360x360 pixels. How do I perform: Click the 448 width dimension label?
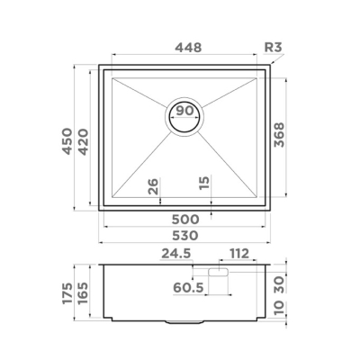pyautogui.click(x=188, y=48)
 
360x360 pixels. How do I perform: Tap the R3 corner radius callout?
pyautogui.click(x=273, y=47)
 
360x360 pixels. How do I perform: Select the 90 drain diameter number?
pyautogui.click(x=184, y=111)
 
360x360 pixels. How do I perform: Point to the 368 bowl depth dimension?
pyautogui.click(x=279, y=135)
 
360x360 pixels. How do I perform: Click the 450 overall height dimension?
pyautogui.click(x=67, y=141)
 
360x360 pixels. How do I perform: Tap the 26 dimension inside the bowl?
pyautogui.click(x=153, y=186)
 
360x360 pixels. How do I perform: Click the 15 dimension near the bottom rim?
pyautogui.click(x=204, y=183)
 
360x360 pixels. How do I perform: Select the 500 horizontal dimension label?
pyautogui.click(x=185, y=220)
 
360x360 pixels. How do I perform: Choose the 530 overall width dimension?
pyautogui.click(x=185, y=235)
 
